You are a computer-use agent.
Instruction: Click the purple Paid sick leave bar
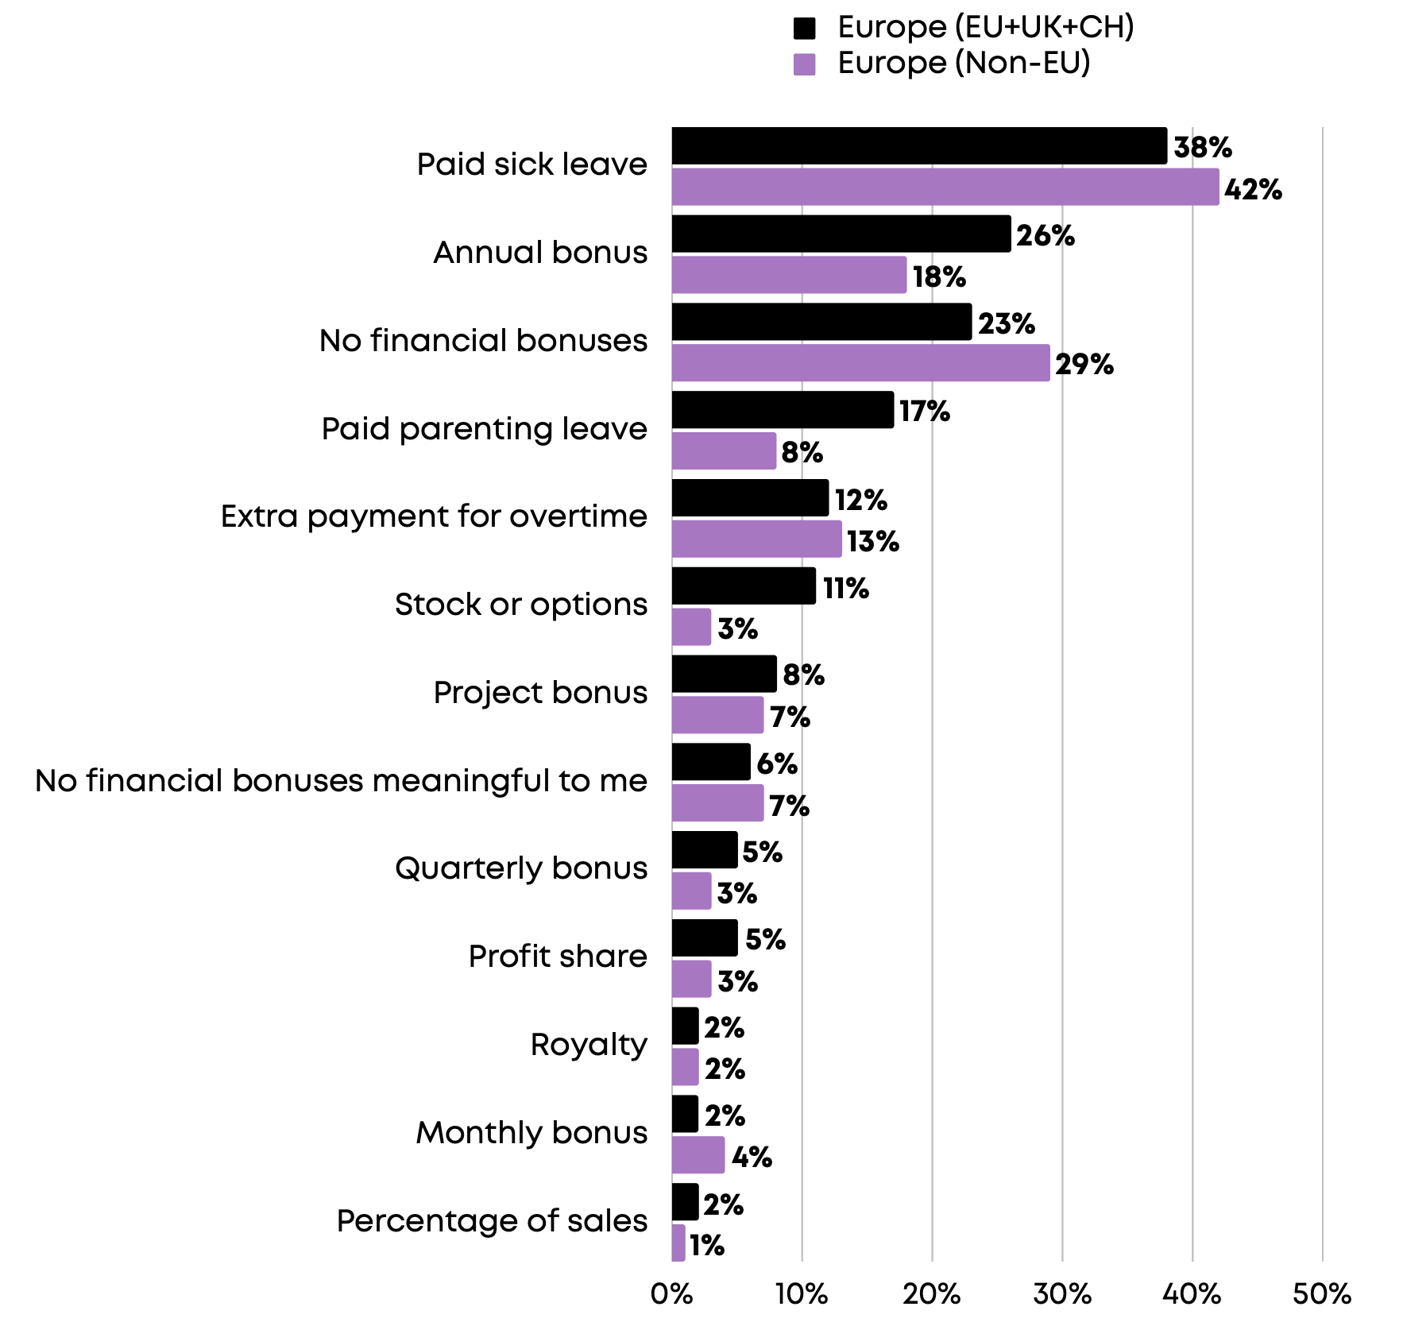pos(945,187)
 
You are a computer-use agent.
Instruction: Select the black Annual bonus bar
pos(841,234)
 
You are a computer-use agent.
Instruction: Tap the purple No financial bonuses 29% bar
pos(860,363)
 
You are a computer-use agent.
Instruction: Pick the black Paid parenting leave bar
pos(783,410)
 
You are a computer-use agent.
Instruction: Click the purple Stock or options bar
pos(691,628)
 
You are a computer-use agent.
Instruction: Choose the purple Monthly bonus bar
pos(698,1155)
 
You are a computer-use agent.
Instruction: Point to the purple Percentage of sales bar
pos(678,1243)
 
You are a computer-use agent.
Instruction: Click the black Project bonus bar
pos(724,675)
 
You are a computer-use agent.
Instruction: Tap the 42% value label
pos(1253,189)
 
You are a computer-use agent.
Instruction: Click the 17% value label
pos(924,412)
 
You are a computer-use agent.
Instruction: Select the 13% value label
pos(872,542)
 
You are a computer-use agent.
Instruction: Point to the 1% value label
pos(706,1245)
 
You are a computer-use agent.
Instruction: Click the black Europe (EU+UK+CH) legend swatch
pos(804,29)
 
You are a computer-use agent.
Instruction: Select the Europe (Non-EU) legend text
pos(964,64)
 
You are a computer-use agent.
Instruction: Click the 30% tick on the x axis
pos(1061,1295)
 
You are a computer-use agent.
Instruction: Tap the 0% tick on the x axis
pos(671,1295)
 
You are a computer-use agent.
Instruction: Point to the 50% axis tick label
pos(1321,1295)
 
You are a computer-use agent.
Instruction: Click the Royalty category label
pos(589,1045)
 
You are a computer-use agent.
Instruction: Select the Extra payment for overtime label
pos(434,516)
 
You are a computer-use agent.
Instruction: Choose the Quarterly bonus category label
pos(521,868)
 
